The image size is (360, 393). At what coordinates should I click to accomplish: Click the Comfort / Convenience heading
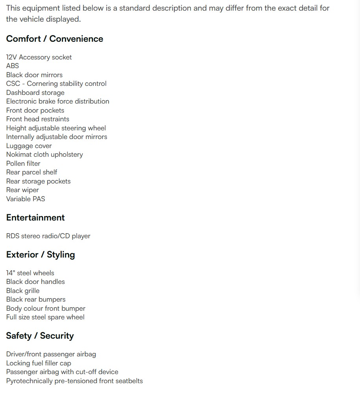(55, 39)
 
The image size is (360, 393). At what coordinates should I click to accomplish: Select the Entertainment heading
(35, 218)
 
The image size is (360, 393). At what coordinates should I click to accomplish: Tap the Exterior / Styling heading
(41, 255)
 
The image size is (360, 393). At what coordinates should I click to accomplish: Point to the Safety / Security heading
(40, 336)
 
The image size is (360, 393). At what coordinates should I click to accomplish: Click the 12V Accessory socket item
(39, 57)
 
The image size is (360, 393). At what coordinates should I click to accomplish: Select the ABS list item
(13, 66)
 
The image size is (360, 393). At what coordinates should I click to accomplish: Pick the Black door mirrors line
(34, 75)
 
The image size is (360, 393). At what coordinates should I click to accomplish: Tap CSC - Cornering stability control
(56, 83)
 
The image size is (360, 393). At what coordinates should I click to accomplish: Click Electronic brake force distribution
(58, 101)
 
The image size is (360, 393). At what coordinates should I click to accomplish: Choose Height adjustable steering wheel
(56, 128)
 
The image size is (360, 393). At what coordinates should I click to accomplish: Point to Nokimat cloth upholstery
(44, 154)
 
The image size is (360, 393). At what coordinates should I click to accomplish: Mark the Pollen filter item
(23, 163)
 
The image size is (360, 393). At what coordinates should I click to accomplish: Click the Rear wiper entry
(22, 190)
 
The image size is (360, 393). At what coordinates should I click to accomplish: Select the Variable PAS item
(26, 199)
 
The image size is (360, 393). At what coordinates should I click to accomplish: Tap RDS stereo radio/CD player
(48, 236)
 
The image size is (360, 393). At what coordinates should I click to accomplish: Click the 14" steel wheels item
(30, 273)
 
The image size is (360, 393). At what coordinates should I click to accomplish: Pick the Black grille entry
(23, 291)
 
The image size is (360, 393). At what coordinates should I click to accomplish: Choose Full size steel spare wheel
(45, 317)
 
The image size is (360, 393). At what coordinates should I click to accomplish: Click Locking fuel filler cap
(39, 363)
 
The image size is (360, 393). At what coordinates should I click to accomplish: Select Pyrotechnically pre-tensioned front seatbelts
(74, 381)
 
